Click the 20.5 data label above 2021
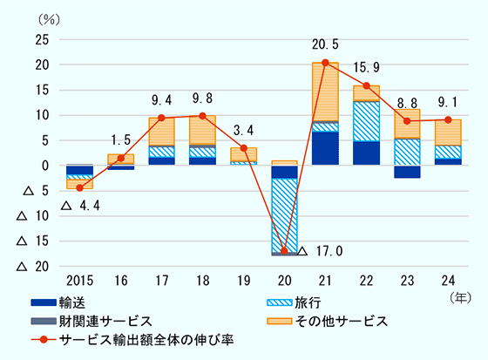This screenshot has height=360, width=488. (x=325, y=44)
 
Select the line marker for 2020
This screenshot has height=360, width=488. (x=284, y=251)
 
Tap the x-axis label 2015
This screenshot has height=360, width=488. (x=79, y=280)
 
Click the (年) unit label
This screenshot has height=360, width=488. (x=459, y=297)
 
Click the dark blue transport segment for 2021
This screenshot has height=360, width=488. (x=325, y=148)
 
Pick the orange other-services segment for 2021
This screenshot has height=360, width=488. (x=325, y=92)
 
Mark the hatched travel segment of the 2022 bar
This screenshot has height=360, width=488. (x=366, y=121)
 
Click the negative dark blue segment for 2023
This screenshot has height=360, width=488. (x=407, y=172)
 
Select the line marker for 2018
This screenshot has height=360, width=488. (x=202, y=116)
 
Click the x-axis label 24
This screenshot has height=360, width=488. (x=448, y=280)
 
